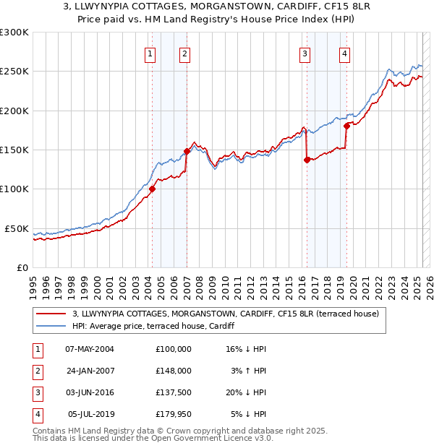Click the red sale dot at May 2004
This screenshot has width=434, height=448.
point(153,189)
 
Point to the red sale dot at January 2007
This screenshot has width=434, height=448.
point(187,151)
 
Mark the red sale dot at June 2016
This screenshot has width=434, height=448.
point(307,160)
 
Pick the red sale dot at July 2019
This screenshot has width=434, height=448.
point(347,126)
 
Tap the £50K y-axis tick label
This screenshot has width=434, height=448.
point(17,228)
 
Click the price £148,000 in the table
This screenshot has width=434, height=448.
point(173,370)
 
